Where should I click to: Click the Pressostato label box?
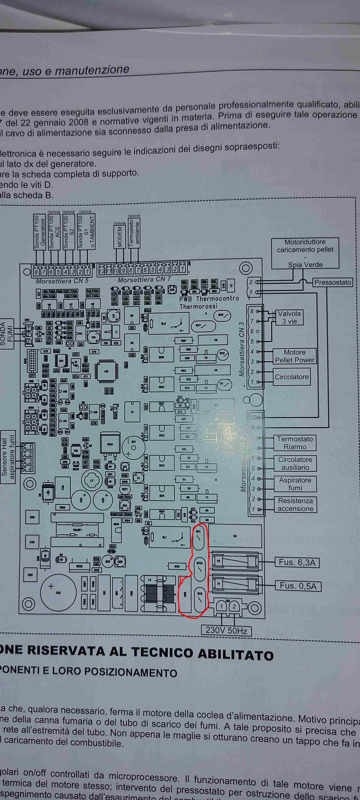(x=332, y=282)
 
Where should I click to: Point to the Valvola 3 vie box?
(x=289, y=317)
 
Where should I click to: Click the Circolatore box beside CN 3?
(x=291, y=377)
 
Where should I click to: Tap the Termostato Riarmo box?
(x=295, y=443)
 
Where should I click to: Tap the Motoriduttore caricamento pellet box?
(x=305, y=253)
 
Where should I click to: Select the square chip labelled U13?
(x=106, y=371)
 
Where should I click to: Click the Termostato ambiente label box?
(x=134, y=233)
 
